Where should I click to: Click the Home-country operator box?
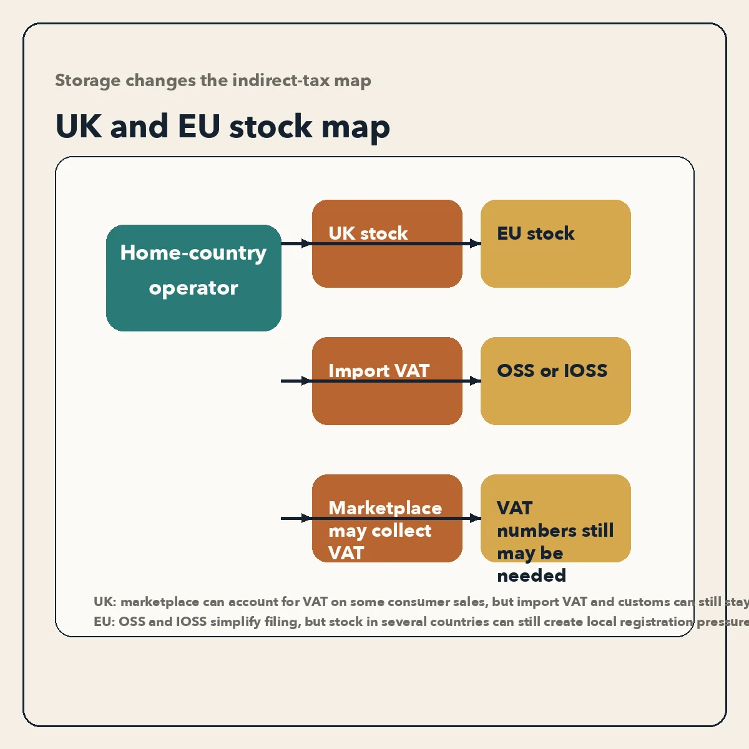tap(193, 278)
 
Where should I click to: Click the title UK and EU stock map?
tap(223, 127)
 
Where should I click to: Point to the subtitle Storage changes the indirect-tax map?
tap(213, 81)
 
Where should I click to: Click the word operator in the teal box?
tap(193, 288)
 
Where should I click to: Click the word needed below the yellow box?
tap(531, 575)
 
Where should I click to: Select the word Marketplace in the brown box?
tap(385, 508)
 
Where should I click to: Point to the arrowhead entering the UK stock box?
tap(306, 243)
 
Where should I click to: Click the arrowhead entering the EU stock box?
tap(476, 243)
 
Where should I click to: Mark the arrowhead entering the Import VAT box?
tap(306, 381)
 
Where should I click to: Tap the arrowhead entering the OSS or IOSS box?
tap(476, 381)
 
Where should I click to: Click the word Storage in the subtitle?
tap(87, 81)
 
